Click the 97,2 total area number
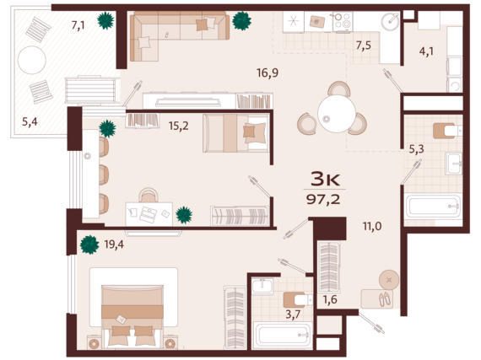(323, 200)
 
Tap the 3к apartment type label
(325, 179)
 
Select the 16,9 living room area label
(268, 73)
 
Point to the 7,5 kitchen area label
(363, 46)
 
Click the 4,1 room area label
(426, 51)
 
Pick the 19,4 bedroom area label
(114, 244)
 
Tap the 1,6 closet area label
(330, 299)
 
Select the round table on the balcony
(32, 60)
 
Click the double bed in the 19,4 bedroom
(132, 315)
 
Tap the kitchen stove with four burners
(343, 21)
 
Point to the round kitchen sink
(390, 21)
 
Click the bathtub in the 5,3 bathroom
(433, 207)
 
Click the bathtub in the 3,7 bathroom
(283, 336)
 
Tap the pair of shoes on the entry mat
(385, 299)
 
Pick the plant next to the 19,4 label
(89, 244)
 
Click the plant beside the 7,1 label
(105, 20)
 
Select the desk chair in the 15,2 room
(149, 195)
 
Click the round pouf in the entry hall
(389, 280)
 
